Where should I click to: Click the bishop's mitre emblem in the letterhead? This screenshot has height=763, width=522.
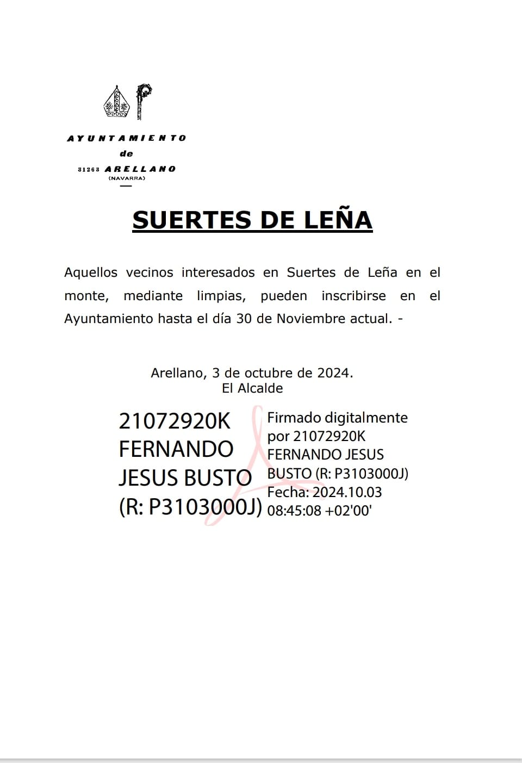point(117,103)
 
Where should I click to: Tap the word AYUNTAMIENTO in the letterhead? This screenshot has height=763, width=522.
point(126,139)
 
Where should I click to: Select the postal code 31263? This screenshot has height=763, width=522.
point(88,169)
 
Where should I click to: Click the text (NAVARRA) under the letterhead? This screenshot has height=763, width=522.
point(127,178)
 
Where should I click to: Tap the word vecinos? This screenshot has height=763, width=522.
point(150,272)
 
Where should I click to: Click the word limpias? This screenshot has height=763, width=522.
point(221,296)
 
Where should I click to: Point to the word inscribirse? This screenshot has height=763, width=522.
point(353,296)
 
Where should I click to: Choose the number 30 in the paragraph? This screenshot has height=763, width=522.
point(244,319)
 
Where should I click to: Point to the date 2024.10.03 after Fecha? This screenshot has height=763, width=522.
point(347,492)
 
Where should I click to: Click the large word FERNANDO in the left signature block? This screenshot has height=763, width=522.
point(176,449)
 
